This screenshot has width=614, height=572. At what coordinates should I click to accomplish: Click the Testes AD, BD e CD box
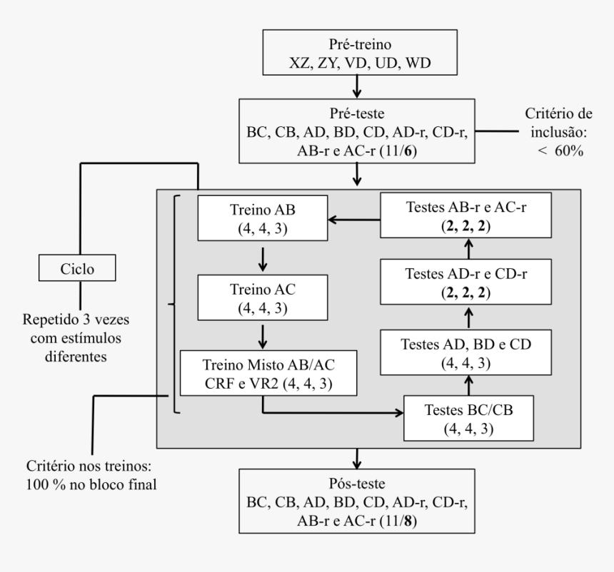point(470,352)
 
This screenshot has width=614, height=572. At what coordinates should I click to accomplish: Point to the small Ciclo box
point(79,269)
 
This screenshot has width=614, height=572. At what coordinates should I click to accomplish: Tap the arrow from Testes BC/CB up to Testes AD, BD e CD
point(470,386)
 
